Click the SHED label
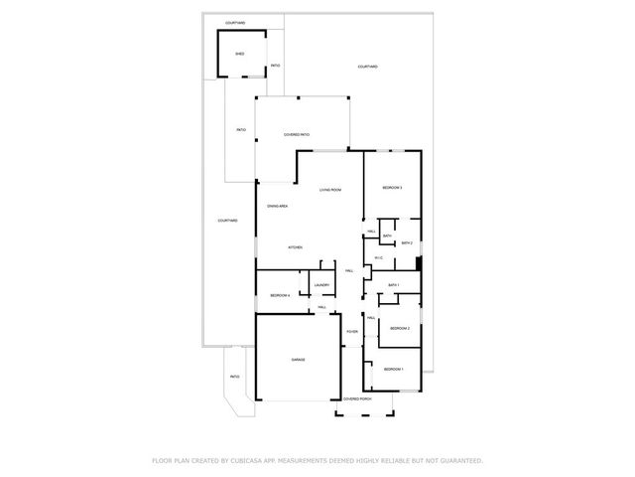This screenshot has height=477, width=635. [239, 54]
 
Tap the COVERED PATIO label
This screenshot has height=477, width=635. [297, 134]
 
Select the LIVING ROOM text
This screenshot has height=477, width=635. [330, 190]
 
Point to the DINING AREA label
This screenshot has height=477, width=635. [277, 206]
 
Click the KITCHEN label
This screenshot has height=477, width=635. [295, 247]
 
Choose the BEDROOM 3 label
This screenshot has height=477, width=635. [392, 188]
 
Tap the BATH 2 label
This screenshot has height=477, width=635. [406, 242]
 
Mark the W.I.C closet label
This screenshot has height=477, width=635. [379, 258]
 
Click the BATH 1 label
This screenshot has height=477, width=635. [393, 285]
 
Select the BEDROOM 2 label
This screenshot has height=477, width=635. [399, 328]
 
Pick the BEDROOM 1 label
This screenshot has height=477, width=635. [394, 369]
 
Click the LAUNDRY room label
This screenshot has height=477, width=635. [321, 285]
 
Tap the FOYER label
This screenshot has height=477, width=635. [351, 331]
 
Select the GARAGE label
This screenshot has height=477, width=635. [298, 359]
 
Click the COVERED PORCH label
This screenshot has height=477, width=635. [356, 398]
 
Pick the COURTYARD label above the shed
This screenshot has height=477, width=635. [235, 22]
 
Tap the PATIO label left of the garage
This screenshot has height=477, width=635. [235, 377]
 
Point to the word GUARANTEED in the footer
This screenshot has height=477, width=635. [460, 460]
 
